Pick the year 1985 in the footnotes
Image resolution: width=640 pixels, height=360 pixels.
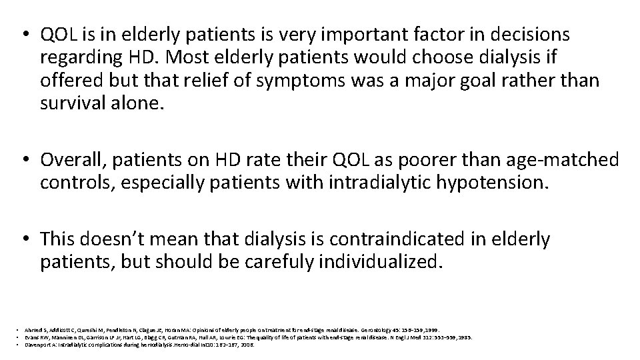(465, 337)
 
